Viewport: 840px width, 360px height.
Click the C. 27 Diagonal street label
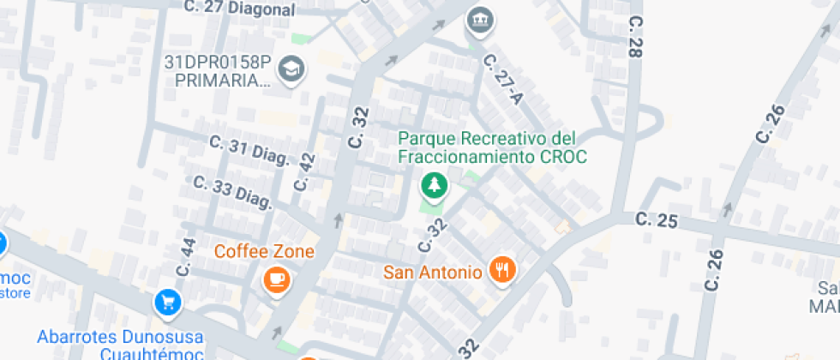click(239, 9)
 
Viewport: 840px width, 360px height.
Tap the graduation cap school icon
click(294, 69)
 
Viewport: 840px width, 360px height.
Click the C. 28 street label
click(635, 36)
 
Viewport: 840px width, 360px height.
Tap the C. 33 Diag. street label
click(232, 193)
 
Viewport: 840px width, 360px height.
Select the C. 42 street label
click(304, 172)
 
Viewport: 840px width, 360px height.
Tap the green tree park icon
click(434, 184)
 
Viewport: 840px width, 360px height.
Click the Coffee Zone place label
click(264, 251)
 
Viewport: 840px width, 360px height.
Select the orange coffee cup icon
click(275, 279)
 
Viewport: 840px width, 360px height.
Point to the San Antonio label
click(432, 272)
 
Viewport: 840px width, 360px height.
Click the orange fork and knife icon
click(501, 270)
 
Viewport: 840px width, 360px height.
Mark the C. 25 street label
click(657, 220)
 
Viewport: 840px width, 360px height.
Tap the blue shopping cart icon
click(167, 302)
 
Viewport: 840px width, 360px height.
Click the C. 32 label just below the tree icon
click(434, 235)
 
